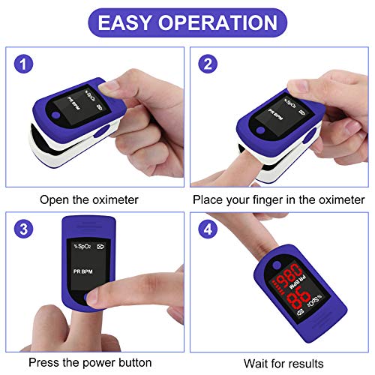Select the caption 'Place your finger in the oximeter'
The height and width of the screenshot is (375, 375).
(x=280, y=200)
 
